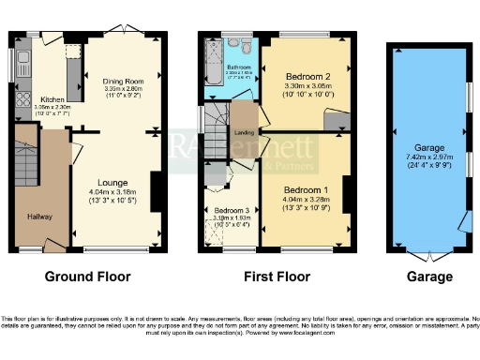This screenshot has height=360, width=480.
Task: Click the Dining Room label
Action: (122, 82)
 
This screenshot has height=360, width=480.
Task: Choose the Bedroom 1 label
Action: (302, 188)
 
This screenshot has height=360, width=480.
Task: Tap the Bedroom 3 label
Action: (230, 211)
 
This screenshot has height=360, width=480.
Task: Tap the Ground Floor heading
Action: (88, 277)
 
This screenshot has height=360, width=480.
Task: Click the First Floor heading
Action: (272, 277)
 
